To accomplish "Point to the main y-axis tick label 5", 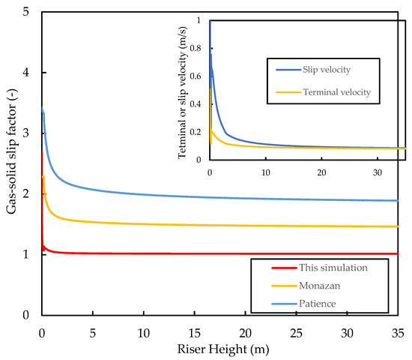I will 27,13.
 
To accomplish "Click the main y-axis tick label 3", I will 27,133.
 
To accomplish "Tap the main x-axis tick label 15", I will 195,331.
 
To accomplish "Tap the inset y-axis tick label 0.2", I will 199,131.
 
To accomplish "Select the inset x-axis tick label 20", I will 321,172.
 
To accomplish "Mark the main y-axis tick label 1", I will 27,254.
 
